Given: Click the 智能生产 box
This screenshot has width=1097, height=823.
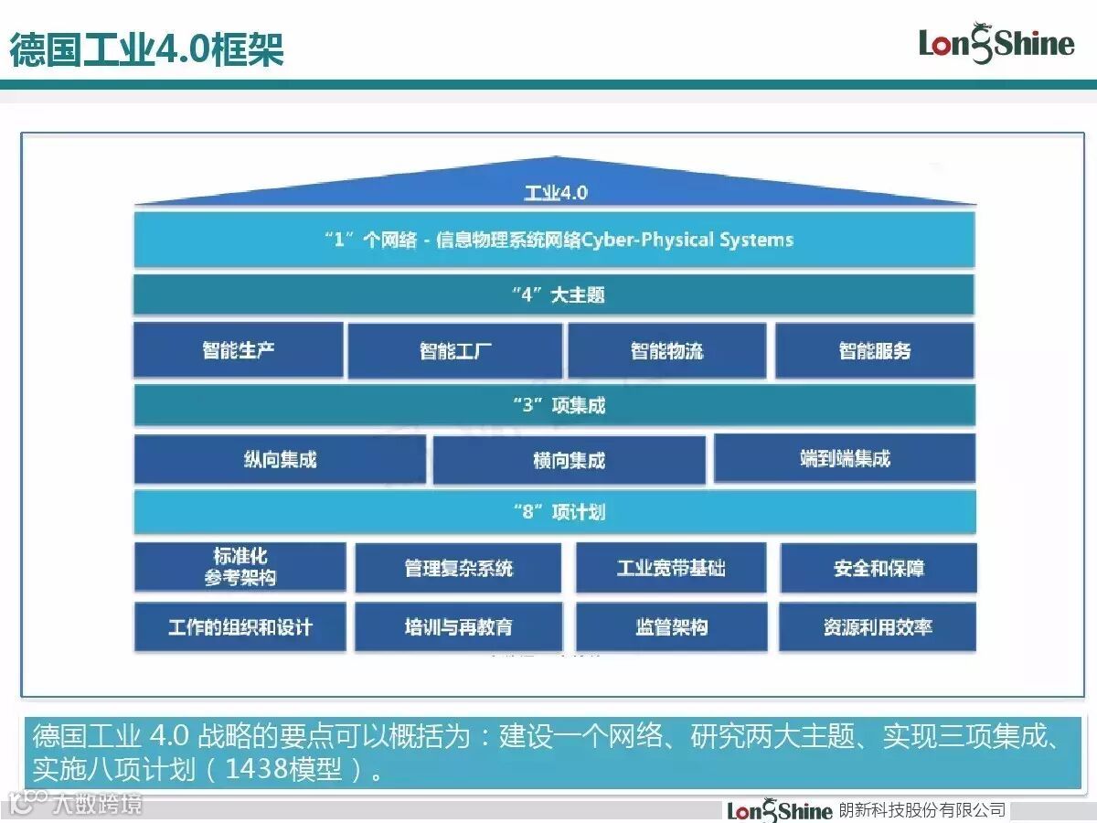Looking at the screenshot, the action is pyautogui.click(x=239, y=349).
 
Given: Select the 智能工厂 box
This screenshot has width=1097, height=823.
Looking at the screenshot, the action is pyautogui.click(x=455, y=351).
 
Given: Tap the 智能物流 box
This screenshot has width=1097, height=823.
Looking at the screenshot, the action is pyautogui.click(x=667, y=351).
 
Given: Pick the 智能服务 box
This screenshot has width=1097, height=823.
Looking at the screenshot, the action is pyautogui.click(x=875, y=351).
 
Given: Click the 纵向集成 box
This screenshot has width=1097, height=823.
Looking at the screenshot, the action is pyautogui.click(x=280, y=459).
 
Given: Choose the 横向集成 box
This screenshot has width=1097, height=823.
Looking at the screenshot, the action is pyautogui.click(x=569, y=460).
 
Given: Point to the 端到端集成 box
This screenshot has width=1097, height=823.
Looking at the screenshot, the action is pyautogui.click(x=845, y=458).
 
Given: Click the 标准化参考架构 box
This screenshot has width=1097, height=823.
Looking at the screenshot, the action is pyautogui.click(x=240, y=567).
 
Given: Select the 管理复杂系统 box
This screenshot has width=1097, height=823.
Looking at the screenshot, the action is pyautogui.click(x=458, y=568).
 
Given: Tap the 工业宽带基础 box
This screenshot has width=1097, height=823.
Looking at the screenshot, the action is pyautogui.click(x=671, y=568).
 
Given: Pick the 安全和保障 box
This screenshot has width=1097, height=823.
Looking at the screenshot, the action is pyautogui.click(x=879, y=568).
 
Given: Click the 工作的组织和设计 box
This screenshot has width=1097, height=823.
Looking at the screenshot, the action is pyautogui.click(x=240, y=627).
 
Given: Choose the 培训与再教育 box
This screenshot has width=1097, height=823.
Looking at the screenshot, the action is pyautogui.click(x=458, y=627).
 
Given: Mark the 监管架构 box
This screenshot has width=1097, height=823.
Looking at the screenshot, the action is pyautogui.click(x=671, y=627).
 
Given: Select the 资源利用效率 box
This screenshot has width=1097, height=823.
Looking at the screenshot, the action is pyautogui.click(x=878, y=627).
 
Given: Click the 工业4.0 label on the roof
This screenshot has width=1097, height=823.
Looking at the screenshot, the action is pyautogui.click(x=556, y=193).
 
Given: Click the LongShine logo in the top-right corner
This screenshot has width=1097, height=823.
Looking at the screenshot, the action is pyautogui.click(x=996, y=43).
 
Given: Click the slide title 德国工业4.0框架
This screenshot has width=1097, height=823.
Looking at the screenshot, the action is pyautogui.click(x=146, y=48).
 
